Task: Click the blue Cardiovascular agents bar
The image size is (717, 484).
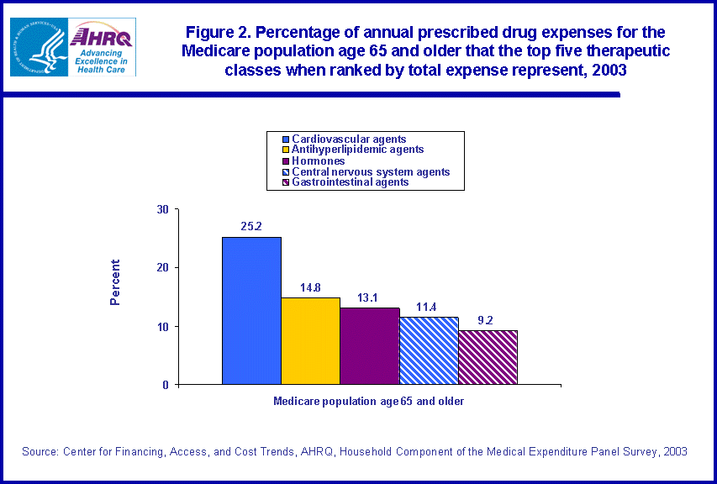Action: pos(251,311)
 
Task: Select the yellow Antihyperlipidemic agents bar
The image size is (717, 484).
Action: pos(310,341)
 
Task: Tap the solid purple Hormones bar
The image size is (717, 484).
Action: pos(369,346)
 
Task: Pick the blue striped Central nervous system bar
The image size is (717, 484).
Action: pos(429,351)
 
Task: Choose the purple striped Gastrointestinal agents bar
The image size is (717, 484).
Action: pos(488,357)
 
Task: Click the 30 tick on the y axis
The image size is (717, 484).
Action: pos(163,209)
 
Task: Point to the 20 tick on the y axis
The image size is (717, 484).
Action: pos(163,267)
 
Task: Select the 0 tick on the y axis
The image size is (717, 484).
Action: pos(166,385)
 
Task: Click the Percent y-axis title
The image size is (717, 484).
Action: pos(116,281)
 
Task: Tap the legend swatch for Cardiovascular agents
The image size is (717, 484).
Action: pos(286,139)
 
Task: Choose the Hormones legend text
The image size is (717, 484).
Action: pos(318,160)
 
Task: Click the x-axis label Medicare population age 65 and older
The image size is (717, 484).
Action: pos(368,401)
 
